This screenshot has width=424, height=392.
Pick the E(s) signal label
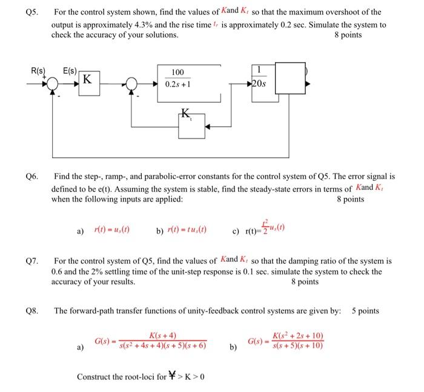(x=71, y=71)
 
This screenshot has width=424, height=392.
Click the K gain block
(x=88, y=79)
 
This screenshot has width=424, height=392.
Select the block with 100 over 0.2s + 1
(x=177, y=79)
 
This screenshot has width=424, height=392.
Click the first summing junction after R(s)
(x=55, y=85)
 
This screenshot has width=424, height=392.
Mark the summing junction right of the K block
(x=128, y=85)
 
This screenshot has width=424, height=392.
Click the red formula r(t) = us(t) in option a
(x=113, y=230)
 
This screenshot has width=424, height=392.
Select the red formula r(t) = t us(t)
(x=193, y=230)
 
